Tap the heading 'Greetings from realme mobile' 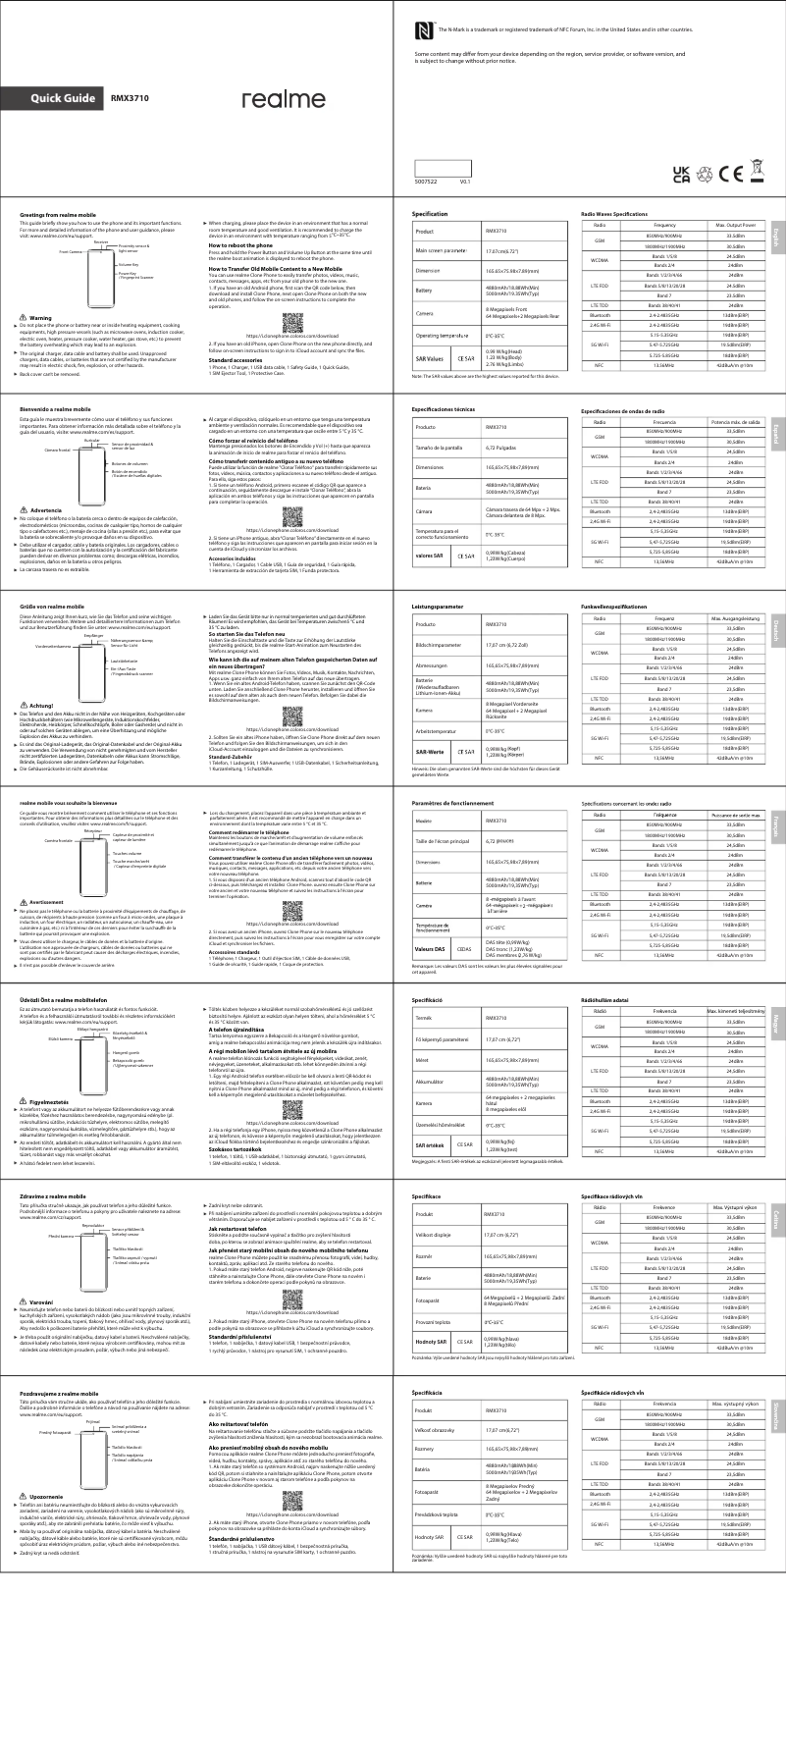pos(58,214)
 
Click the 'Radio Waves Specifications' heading pos(614,213)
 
